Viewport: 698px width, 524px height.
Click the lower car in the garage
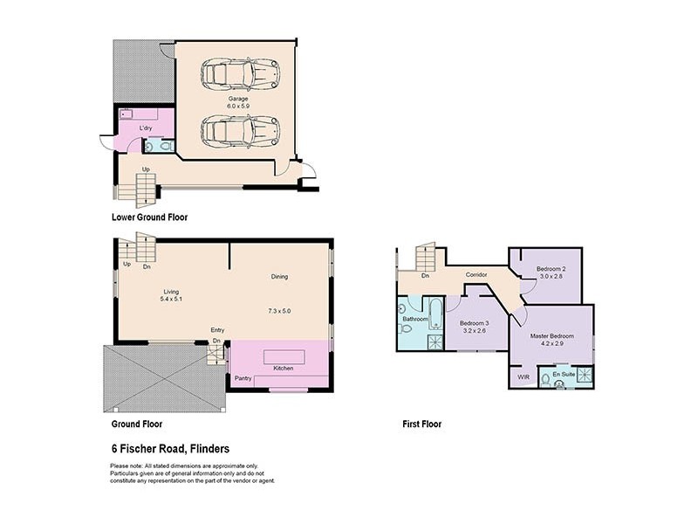(x=238, y=130)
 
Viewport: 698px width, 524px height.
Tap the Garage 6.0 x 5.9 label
(x=238, y=103)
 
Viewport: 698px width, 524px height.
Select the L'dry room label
(x=147, y=128)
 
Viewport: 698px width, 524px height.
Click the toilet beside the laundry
(x=154, y=145)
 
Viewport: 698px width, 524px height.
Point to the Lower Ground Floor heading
(x=149, y=217)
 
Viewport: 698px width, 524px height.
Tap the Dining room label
(x=278, y=277)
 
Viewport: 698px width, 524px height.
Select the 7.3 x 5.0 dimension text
(x=278, y=310)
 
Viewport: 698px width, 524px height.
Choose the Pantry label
(x=243, y=378)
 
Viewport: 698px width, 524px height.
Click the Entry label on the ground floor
(x=217, y=329)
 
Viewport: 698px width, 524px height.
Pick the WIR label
(x=523, y=376)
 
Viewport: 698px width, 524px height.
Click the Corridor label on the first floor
(x=476, y=274)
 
